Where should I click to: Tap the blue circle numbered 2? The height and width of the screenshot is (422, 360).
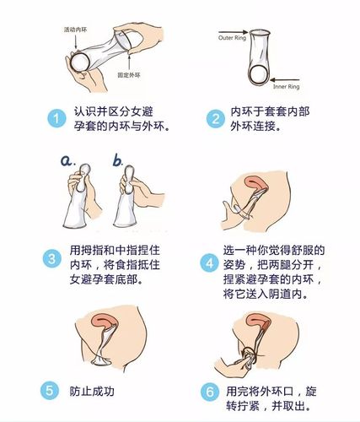[212, 119]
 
